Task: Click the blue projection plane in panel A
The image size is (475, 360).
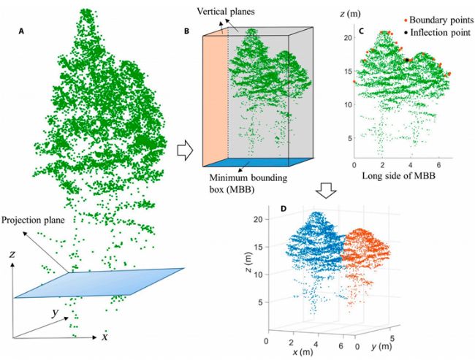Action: [102, 281]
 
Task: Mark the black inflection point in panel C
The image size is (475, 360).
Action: [406, 60]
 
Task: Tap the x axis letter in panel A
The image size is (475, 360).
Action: [105, 337]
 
